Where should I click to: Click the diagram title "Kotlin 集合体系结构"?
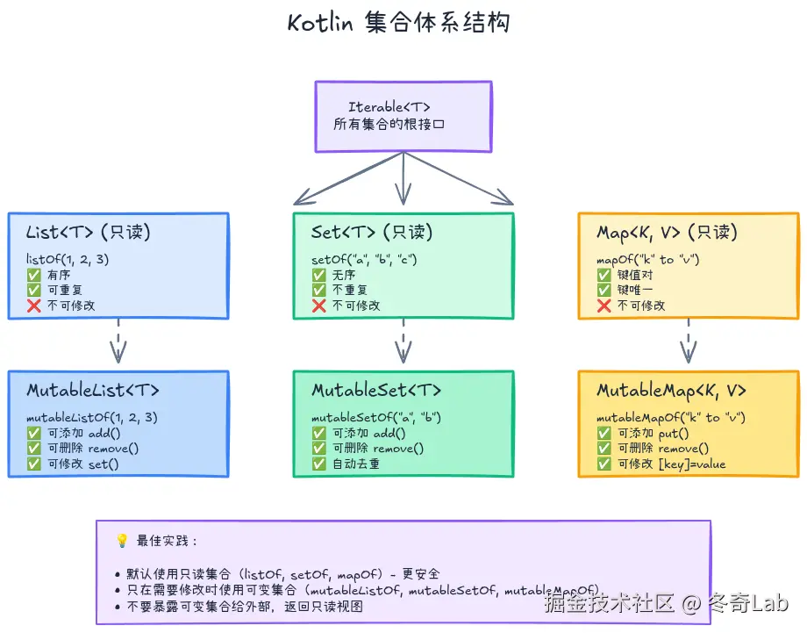click(x=398, y=22)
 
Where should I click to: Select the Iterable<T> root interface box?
click(x=403, y=116)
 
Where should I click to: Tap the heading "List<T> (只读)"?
click(x=89, y=233)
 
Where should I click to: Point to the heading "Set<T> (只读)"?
click(x=372, y=233)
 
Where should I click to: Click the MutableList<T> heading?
click(x=93, y=391)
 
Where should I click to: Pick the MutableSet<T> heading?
click(x=376, y=391)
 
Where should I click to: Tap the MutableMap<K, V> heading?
click(x=671, y=391)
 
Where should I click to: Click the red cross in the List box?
click(x=34, y=306)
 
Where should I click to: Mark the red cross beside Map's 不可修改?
click(x=604, y=306)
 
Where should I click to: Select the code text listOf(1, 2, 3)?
click(x=68, y=259)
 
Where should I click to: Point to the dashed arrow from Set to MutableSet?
click(x=403, y=341)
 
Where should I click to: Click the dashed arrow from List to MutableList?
click(x=118, y=341)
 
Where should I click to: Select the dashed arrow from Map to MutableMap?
click(x=689, y=341)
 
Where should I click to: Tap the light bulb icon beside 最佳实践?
click(x=122, y=541)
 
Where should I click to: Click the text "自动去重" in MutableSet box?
click(x=355, y=464)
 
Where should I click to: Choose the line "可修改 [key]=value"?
click(x=672, y=464)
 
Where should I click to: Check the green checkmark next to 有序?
click(x=34, y=274)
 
